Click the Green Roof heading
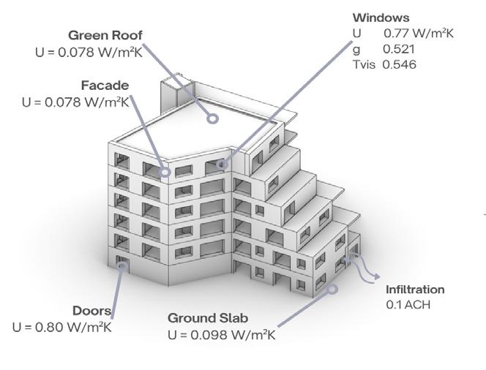(105, 35)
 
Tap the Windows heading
(381, 18)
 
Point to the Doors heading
(92, 311)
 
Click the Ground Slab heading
(208, 318)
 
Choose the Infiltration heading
(415, 290)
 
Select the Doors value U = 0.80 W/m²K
(62, 327)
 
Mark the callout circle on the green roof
(212, 117)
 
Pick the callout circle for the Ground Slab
(332, 288)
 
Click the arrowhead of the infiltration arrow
(377, 277)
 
